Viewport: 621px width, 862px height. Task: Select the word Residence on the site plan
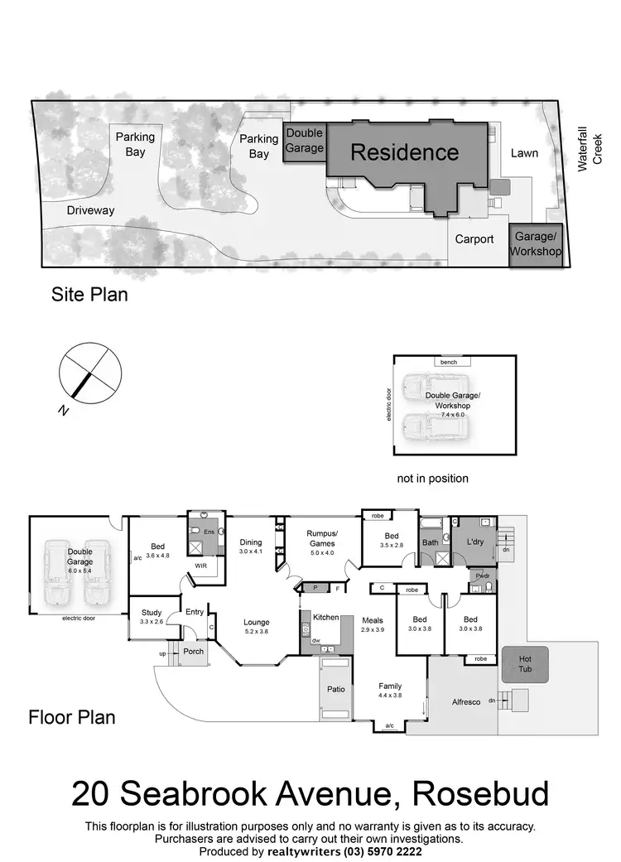(404, 152)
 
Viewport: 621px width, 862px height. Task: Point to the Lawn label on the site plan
(523, 153)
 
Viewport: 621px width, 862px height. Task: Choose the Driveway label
(90, 210)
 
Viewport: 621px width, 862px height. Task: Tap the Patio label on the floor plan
(336, 689)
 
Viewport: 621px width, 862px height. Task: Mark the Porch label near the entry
(193, 652)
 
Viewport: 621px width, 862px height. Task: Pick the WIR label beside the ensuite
(200, 566)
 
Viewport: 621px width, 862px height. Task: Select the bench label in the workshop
(449, 363)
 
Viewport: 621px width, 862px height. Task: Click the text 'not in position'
(432, 478)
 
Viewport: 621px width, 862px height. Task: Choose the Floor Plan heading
(72, 717)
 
